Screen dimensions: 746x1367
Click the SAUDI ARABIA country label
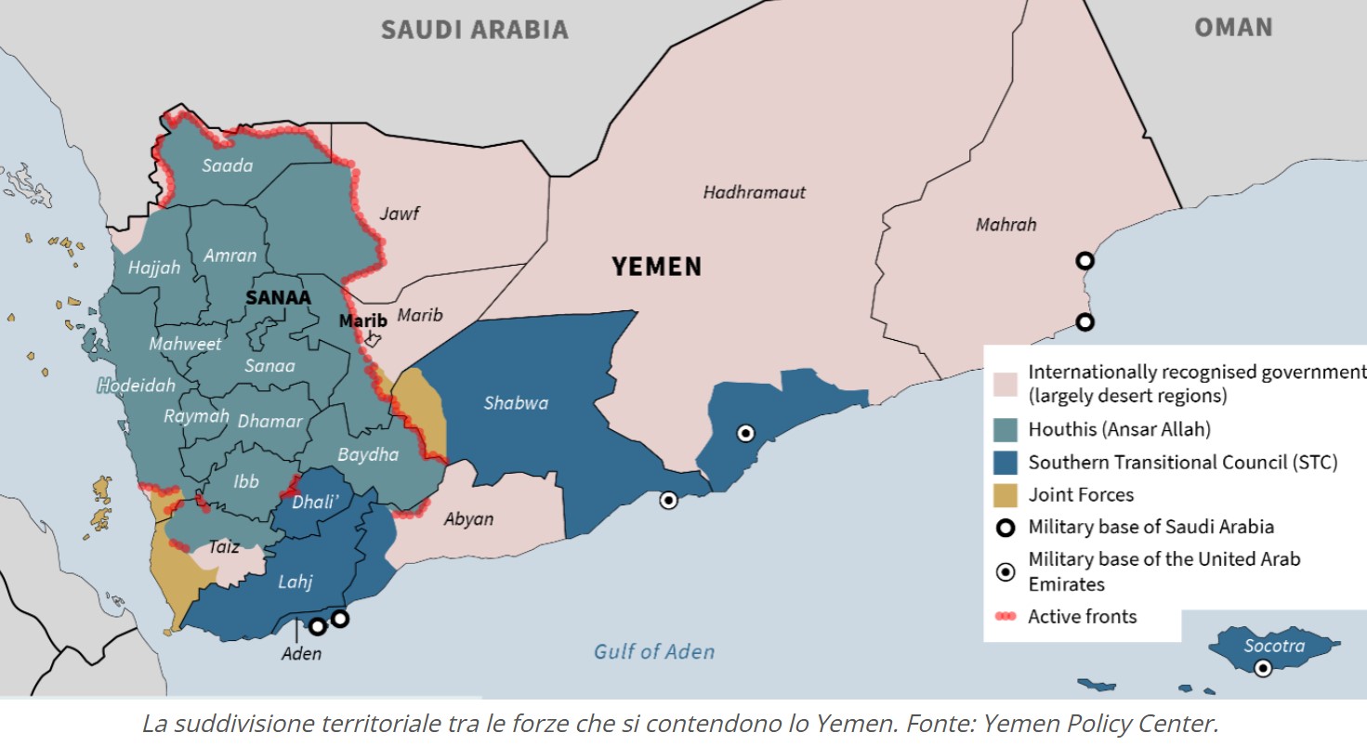pos(474,29)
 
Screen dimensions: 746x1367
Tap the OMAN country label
pos(1232,27)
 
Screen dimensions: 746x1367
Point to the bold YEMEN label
pos(656,268)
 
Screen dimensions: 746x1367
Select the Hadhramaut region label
pos(754,192)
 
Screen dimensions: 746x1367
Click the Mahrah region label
pos(1006,225)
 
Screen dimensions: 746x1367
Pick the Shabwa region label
pos(516,402)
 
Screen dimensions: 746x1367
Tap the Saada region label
pos(229,165)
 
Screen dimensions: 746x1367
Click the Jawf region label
pos(400,214)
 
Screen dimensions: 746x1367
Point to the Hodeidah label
pos(137,385)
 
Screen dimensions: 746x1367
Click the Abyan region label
pos(468,519)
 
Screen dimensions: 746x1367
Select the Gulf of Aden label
pos(654,651)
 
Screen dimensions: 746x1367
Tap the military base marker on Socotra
pos(1263,668)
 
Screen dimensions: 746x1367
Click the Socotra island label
pos(1274,646)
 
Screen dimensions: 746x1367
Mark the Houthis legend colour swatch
pos(1005,429)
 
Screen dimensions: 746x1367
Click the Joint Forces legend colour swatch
pos(1005,494)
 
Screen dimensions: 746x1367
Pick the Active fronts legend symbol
pos(1005,616)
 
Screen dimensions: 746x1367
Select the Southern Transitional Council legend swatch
pos(1005,462)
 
